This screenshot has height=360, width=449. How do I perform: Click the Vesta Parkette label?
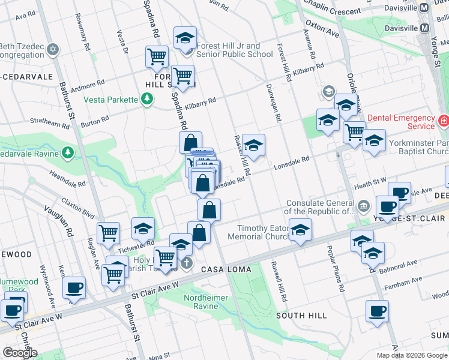pyautogui.click(x=110, y=100)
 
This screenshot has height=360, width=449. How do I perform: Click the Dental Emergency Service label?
pyautogui.click(x=401, y=122)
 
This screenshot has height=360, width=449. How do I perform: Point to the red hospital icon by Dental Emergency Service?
pyautogui.click(x=444, y=121)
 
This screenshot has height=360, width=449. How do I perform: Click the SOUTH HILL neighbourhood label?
pyautogui.click(x=301, y=315)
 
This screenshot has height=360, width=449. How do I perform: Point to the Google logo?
pyautogui.click(x=20, y=352)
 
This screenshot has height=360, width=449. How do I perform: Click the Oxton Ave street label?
pyautogui.click(x=322, y=29)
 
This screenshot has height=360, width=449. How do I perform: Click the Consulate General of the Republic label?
pyautogui.click(x=321, y=207)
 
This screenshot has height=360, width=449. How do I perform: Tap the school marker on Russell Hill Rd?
pyautogui.click(x=253, y=145)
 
